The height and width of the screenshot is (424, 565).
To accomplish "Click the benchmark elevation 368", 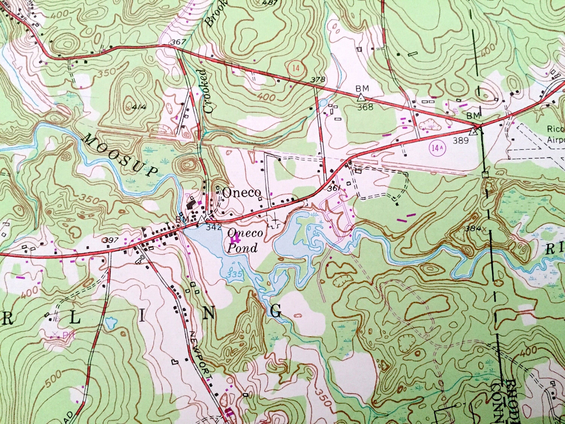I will pos(365,107).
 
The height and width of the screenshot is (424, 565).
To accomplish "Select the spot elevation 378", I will pos(318,80).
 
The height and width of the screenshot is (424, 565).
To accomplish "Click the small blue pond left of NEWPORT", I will pos(111,324).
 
